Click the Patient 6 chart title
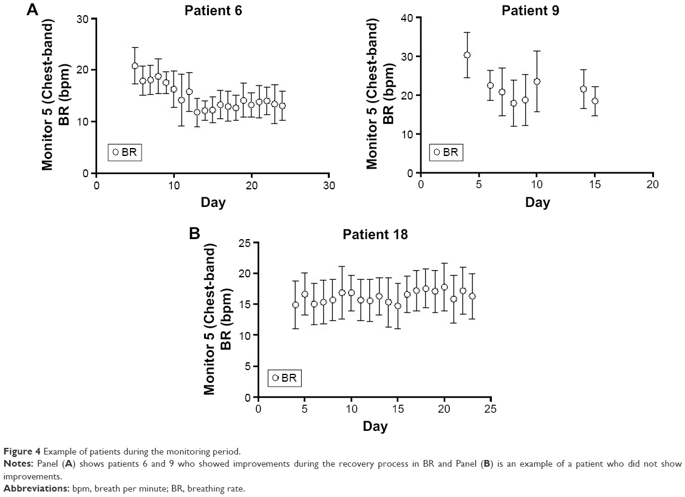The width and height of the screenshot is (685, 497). (213, 10)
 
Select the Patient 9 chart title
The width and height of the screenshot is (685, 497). (530, 10)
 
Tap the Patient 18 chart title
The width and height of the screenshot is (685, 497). (375, 234)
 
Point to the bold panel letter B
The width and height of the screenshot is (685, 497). (194, 234)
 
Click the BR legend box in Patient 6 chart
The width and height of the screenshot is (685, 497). (124, 152)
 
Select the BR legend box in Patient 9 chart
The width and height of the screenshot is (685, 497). (446, 152)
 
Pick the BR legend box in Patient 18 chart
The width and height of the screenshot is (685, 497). (284, 377)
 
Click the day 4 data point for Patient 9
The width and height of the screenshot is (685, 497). (467, 55)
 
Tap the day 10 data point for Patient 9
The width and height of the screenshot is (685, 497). (537, 81)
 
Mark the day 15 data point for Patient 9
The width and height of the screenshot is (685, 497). (595, 101)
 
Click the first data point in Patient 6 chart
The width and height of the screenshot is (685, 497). (135, 66)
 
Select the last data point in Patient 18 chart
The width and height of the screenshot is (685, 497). (472, 296)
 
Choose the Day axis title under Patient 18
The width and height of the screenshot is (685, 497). (375, 427)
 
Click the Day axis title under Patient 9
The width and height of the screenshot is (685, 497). (537, 202)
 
